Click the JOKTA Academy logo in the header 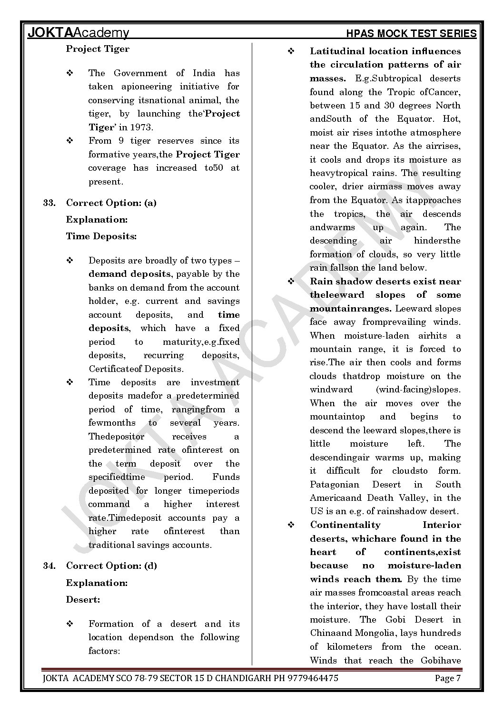[x=79, y=33]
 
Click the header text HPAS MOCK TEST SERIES [x=411, y=33]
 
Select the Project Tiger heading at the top [x=98, y=49]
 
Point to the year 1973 [x=142, y=127]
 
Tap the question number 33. [x=49, y=203]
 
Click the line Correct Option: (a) [x=111, y=203]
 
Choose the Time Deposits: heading [x=101, y=236]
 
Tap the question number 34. [x=49, y=566]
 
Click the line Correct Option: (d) [x=111, y=566]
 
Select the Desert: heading [x=83, y=600]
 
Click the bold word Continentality [x=345, y=525]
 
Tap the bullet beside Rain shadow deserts [x=291, y=282]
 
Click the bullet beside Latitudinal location [x=291, y=51]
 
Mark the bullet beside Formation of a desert [x=69, y=624]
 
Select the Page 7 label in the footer [x=447, y=678]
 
